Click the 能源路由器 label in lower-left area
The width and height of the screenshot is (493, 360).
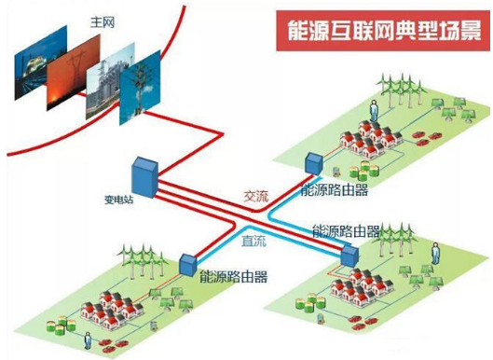232,276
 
